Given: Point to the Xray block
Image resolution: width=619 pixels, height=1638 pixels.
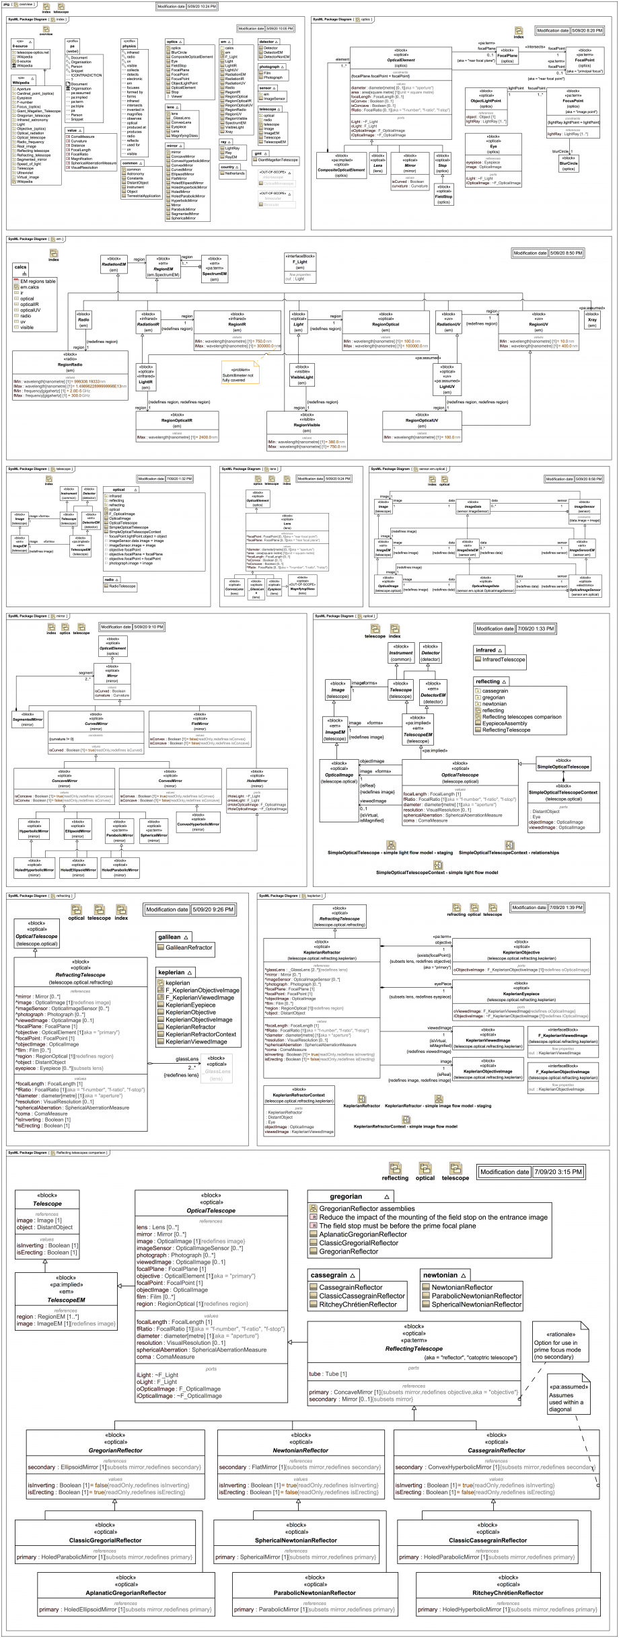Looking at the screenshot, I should pyautogui.click(x=592, y=319).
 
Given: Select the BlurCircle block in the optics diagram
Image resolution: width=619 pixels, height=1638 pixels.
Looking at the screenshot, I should pyautogui.click(x=569, y=163).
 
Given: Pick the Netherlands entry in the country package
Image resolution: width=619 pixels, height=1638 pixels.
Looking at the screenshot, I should pyautogui.click(x=235, y=173).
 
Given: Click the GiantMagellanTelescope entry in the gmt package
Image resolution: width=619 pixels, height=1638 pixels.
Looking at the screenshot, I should pyautogui.click(x=278, y=160).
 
